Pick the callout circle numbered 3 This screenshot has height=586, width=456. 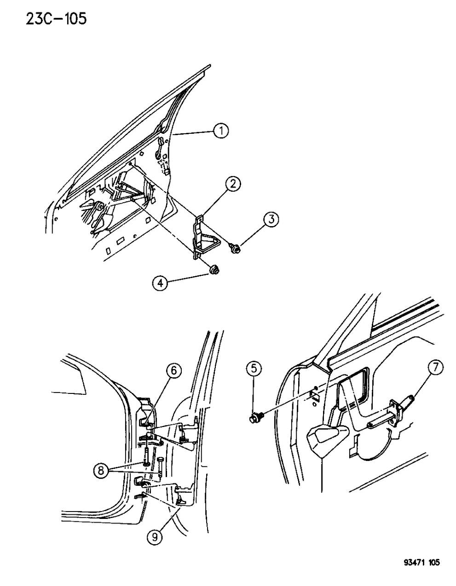tap(271, 220)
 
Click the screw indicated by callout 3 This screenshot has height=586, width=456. tap(236, 249)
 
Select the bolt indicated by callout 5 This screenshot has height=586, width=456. tap(254, 419)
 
